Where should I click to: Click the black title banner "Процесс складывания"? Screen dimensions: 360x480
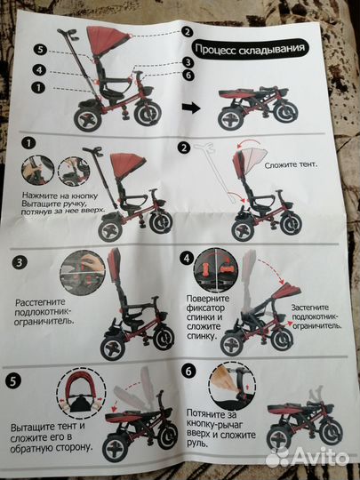[x=250, y=49]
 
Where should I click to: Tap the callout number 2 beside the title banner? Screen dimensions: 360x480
[x=188, y=31]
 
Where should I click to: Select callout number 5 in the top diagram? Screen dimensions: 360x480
[x=40, y=50]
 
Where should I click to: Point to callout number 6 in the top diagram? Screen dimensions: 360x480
[x=188, y=75]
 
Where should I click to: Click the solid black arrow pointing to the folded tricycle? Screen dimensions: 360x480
[x=191, y=108]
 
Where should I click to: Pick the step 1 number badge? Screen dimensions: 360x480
[x=28, y=143]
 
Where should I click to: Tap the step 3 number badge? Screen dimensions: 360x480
[x=20, y=262]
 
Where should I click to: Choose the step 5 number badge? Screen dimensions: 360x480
[x=13, y=381]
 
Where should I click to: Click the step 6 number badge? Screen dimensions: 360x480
[x=188, y=371]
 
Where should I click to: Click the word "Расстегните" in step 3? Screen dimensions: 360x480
[x=40, y=302]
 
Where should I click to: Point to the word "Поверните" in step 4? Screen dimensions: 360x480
[x=208, y=299]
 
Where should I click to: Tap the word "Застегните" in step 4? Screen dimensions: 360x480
[x=310, y=308]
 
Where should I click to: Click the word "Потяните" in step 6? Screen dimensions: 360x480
[x=212, y=414]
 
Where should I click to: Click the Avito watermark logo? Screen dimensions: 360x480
[x=307, y=459]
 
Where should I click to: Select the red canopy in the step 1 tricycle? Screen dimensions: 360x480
[x=128, y=165]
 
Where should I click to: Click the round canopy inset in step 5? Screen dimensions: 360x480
[x=81, y=393]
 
